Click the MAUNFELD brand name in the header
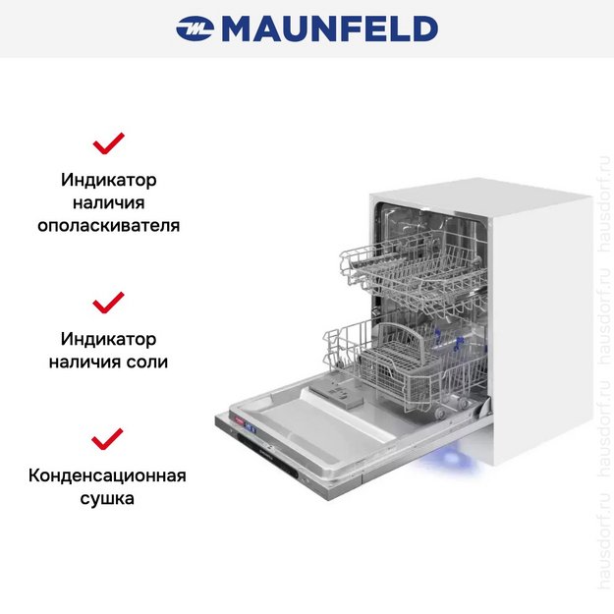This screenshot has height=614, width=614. pos(329,29)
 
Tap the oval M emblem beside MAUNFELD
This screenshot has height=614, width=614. pos(195,29)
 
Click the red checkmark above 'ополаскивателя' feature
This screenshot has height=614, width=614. pos(108,144)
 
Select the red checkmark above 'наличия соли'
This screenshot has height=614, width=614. pos(108,302)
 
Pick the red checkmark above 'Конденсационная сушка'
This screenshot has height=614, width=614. pos(108,438)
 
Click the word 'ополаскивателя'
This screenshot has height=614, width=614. pos(108,225)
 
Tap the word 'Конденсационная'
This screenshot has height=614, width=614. pos(108,475)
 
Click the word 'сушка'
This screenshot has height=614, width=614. pos(108,498)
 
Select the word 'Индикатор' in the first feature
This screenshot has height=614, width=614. pos(108,180)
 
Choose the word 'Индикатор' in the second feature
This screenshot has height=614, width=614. pos(108,339)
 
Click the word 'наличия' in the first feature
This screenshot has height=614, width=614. pos(108,202)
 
